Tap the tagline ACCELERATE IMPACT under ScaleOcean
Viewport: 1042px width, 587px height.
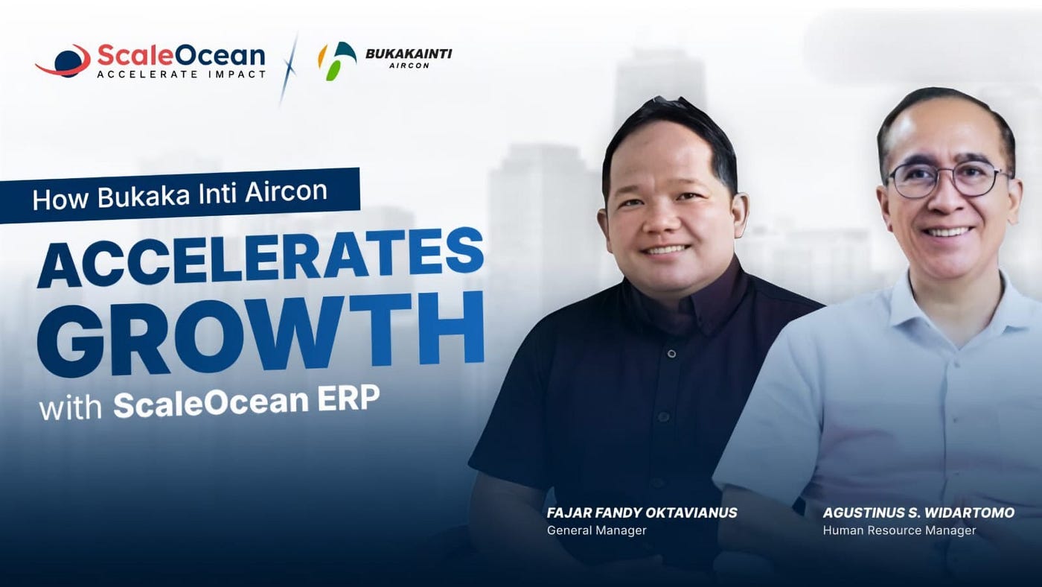pos(182,74)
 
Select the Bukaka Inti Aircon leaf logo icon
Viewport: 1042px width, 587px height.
pos(336,61)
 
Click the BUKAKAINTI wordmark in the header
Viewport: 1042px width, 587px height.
pos(409,54)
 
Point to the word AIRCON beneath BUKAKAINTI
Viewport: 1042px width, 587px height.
pos(409,66)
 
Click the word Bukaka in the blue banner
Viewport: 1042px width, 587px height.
pos(144,195)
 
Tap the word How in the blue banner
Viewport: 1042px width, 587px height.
pos(60,199)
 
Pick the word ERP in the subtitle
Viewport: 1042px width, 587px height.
pos(349,399)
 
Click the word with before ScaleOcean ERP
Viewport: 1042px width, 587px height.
pos(71,407)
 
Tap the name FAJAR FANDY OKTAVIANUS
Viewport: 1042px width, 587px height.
pos(642,513)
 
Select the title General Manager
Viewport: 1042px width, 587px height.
pos(597,530)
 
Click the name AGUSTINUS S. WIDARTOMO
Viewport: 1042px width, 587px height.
pos(918,513)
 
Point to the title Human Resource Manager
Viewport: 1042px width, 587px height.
pos(900,530)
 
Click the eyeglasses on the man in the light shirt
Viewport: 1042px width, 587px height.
pos(949,180)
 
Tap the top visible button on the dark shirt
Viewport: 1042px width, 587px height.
pos(671,354)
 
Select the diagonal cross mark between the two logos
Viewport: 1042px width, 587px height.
pos(290,69)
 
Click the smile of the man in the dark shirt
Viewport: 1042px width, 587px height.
pos(664,250)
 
